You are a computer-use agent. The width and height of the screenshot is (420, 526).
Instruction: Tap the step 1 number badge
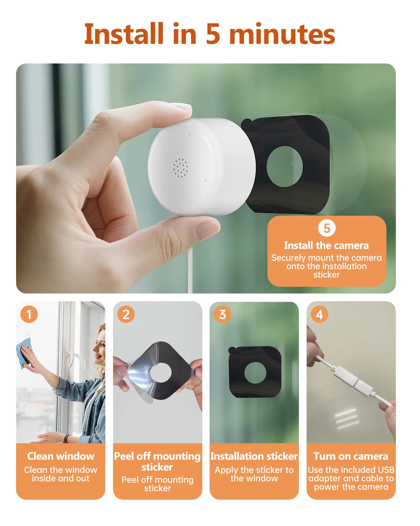click(x=29, y=314)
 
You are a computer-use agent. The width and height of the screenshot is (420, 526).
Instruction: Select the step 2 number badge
click(x=126, y=314)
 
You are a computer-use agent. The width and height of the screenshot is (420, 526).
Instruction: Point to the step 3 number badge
click(x=223, y=314)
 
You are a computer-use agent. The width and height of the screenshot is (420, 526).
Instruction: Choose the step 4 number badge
click(x=320, y=314)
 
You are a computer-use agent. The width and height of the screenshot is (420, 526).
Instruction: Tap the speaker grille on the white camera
click(x=180, y=167)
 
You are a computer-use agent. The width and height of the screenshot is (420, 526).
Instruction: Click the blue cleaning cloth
click(x=24, y=353)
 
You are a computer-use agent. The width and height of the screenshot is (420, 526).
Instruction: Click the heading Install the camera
click(x=326, y=245)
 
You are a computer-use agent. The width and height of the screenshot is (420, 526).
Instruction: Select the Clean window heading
click(x=61, y=456)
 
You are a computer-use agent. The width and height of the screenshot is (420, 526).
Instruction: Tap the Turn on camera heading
click(x=351, y=456)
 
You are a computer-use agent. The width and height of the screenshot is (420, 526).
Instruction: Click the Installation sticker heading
click(x=254, y=456)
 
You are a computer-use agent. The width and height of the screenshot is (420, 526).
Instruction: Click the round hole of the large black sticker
click(x=285, y=167)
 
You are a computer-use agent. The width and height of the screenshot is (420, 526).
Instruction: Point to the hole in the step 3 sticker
click(x=255, y=372)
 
